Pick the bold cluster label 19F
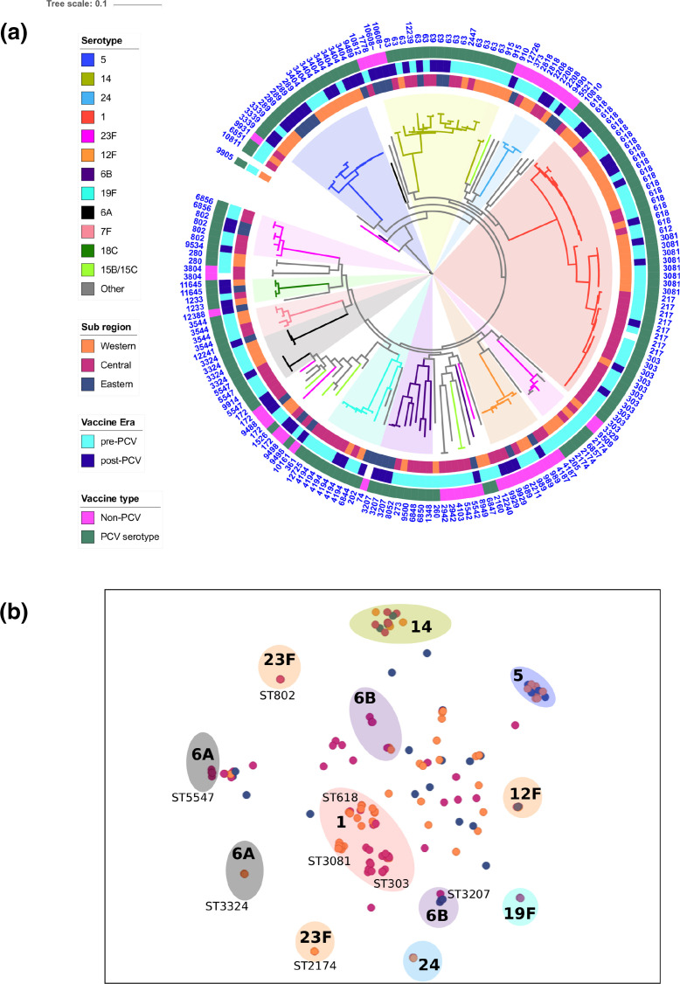(x=520, y=913)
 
